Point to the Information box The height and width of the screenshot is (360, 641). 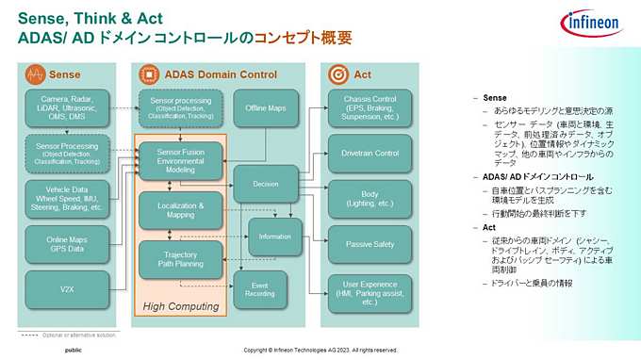tap(274, 236)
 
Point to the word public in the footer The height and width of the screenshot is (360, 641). tap(73, 351)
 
